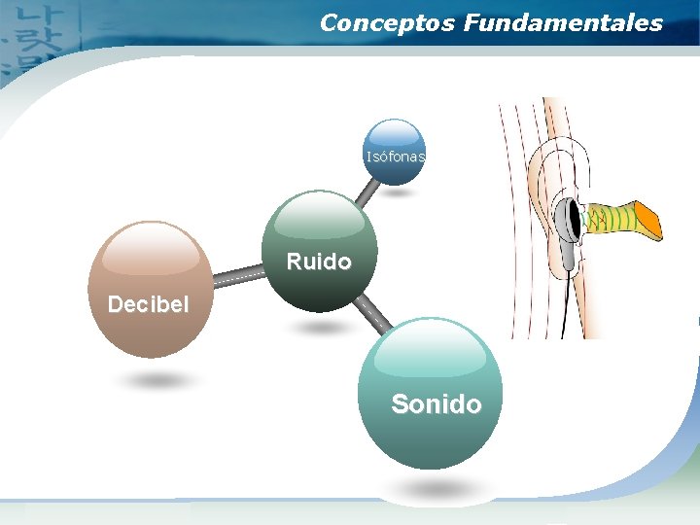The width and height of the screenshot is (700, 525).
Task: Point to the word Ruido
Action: click(x=319, y=262)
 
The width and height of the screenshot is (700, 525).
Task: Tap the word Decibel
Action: click(x=149, y=304)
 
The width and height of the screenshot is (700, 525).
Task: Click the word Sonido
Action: click(x=436, y=403)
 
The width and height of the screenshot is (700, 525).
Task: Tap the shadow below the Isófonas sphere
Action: click(x=396, y=192)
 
